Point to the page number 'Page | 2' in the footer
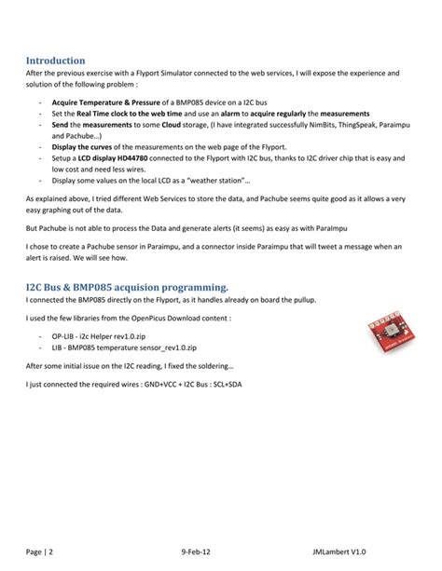(x=38, y=550)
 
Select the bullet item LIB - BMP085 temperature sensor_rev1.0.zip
(x=121, y=344)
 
